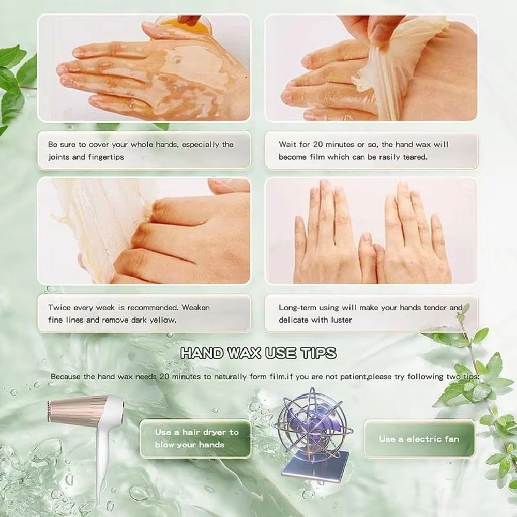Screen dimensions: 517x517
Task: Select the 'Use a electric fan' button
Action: coord(419,439)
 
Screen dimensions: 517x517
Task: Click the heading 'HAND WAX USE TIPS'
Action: coord(258,353)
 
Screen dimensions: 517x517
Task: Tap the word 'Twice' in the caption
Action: coord(59,307)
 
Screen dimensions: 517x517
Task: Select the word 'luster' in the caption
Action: coord(339,320)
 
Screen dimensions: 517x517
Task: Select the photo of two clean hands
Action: coord(371,231)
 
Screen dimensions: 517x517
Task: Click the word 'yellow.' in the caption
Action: coord(162,320)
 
